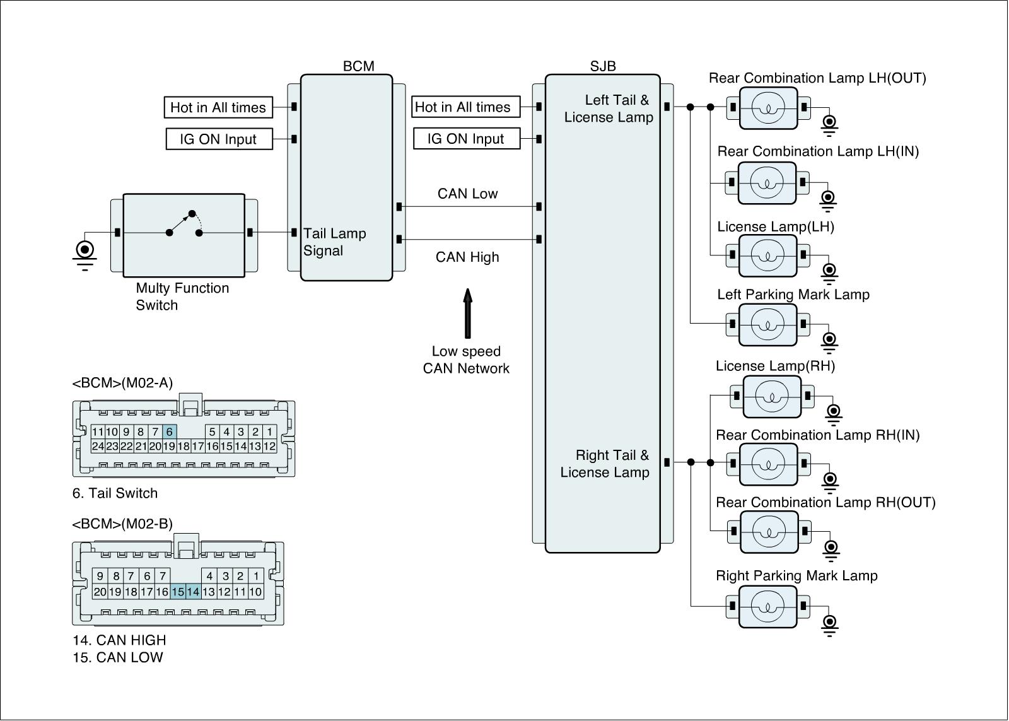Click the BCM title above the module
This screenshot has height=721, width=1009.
tap(358, 66)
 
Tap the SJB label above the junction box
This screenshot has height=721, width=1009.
tap(603, 66)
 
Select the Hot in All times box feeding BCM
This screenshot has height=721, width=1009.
tap(218, 107)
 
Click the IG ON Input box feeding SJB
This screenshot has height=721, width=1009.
tap(466, 139)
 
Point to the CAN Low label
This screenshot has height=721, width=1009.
tap(467, 194)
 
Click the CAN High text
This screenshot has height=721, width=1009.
tap(467, 257)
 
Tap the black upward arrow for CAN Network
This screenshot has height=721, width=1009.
tap(467, 314)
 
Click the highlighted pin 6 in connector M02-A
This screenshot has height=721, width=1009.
tap(170, 432)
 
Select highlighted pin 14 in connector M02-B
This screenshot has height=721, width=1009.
tap(193, 592)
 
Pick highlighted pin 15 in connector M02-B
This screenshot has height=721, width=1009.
tap(178, 592)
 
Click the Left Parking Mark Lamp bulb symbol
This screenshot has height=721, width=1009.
tap(767, 324)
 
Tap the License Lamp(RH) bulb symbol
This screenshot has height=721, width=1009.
tap(772, 397)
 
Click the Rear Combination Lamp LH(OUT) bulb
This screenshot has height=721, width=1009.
tap(768, 107)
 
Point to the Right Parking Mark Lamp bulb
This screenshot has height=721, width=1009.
tap(767, 606)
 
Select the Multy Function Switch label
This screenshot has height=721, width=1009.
tap(182, 296)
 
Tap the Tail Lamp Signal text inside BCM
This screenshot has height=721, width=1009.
tap(334, 242)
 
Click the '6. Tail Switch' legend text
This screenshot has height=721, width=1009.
tap(115, 493)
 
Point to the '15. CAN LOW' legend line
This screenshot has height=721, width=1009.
tap(117, 657)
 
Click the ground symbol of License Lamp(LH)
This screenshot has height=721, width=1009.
tap(829, 271)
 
